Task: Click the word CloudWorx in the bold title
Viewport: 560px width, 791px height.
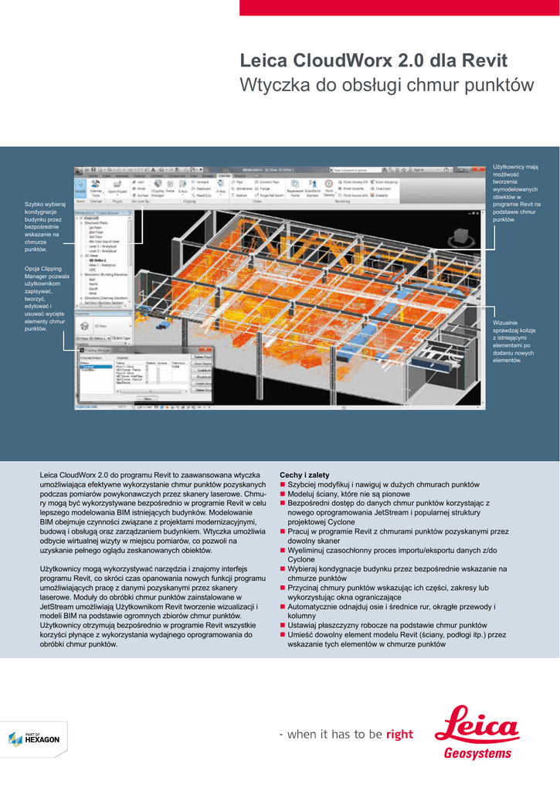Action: (x=344, y=61)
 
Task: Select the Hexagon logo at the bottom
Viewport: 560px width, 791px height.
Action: (x=34, y=738)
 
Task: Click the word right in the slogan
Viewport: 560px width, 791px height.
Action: (x=399, y=735)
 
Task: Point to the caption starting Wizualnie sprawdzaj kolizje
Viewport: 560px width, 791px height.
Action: (x=514, y=341)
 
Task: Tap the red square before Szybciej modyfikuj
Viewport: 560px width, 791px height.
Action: (x=283, y=484)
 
